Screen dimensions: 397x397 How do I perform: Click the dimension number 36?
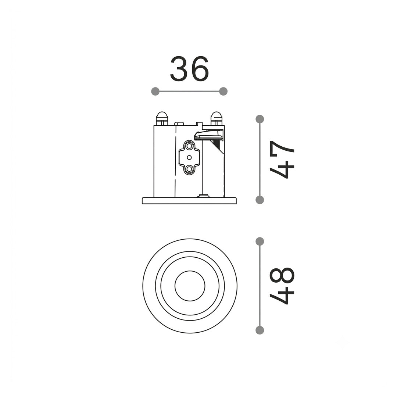point(189,69)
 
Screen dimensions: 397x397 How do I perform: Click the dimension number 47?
point(282,160)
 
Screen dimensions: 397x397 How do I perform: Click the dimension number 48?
point(282,286)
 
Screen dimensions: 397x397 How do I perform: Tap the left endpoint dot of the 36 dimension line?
point(155,92)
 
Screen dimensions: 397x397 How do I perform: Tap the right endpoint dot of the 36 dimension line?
point(223,92)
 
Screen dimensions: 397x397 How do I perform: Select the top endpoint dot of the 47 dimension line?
point(260,119)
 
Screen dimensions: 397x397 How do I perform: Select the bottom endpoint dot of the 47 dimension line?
point(260,200)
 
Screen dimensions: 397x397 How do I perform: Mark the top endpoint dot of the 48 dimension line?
point(260,242)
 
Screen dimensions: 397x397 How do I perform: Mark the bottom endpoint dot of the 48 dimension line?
point(260,330)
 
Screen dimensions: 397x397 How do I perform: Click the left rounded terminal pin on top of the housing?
point(162,118)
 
